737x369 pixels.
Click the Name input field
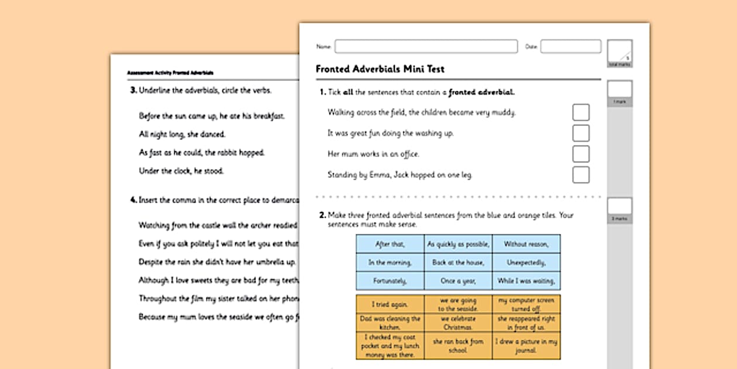(426, 46)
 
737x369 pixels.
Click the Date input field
(570, 46)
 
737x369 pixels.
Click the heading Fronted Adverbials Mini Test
(380, 69)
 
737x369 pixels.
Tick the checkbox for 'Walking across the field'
(581, 112)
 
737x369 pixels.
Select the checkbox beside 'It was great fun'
(581, 133)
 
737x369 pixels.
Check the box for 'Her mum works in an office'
(581, 154)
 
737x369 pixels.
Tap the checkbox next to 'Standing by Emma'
(581, 175)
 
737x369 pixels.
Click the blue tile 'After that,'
(390, 244)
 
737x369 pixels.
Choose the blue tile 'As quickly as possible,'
(458, 244)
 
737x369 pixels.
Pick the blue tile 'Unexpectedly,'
(526, 262)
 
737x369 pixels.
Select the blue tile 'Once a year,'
(458, 281)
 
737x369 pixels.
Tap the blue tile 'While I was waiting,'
(526, 281)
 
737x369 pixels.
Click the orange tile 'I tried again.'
(390, 305)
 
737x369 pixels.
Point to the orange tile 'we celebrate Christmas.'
(458, 323)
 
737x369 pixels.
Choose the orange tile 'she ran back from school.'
(458, 346)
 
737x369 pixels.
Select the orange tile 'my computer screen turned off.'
(526, 305)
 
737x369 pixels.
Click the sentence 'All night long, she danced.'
(182, 134)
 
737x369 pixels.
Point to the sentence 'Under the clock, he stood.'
(181, 171)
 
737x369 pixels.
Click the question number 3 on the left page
(133, 90)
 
